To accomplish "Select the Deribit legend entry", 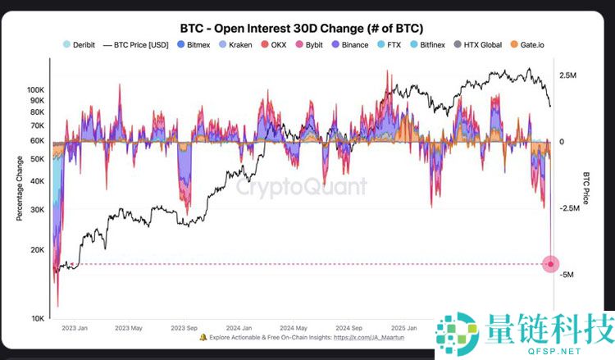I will click(x=80, y=44).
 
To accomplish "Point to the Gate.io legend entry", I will click(x=529, y=44).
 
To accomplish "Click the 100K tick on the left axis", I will click(x=36, y=89).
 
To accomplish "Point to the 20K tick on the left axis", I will click(x=38, y=249).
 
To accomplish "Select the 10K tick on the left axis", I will click(x=38, y=318).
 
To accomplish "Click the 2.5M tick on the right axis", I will click(x=567, y=75).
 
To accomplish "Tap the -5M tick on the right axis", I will click(x=567, y=274).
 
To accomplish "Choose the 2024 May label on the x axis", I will click(x=291, y=327).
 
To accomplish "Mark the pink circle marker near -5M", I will click(x=552, y=263).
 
